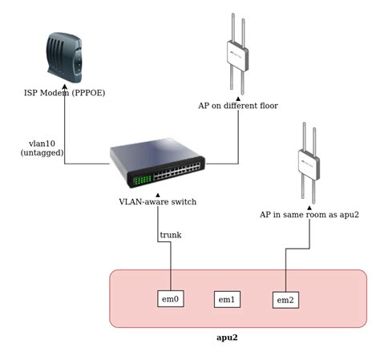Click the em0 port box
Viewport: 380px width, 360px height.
[x=171, y=299]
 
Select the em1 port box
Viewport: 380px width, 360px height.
[x=227, y=299]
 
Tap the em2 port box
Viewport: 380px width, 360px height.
[x=285, y=299]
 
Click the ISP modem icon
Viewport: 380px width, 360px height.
[x=64, y=57]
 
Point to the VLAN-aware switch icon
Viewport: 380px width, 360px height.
[x=157, y=164]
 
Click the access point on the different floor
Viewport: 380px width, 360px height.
[x=238, y=55]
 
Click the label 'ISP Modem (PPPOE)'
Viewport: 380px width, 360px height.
[x=64, y=94]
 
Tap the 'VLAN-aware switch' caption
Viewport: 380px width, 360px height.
[x=157, y=202]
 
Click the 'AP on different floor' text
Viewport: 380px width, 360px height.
[x=238, y=106]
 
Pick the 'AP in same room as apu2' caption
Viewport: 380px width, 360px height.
[x=309, y=215]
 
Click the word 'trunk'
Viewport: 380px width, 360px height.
[x=171, y=235]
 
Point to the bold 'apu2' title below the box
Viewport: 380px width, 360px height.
[x=227, y=338]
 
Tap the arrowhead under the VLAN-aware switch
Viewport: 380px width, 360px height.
[x=157, y=193]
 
